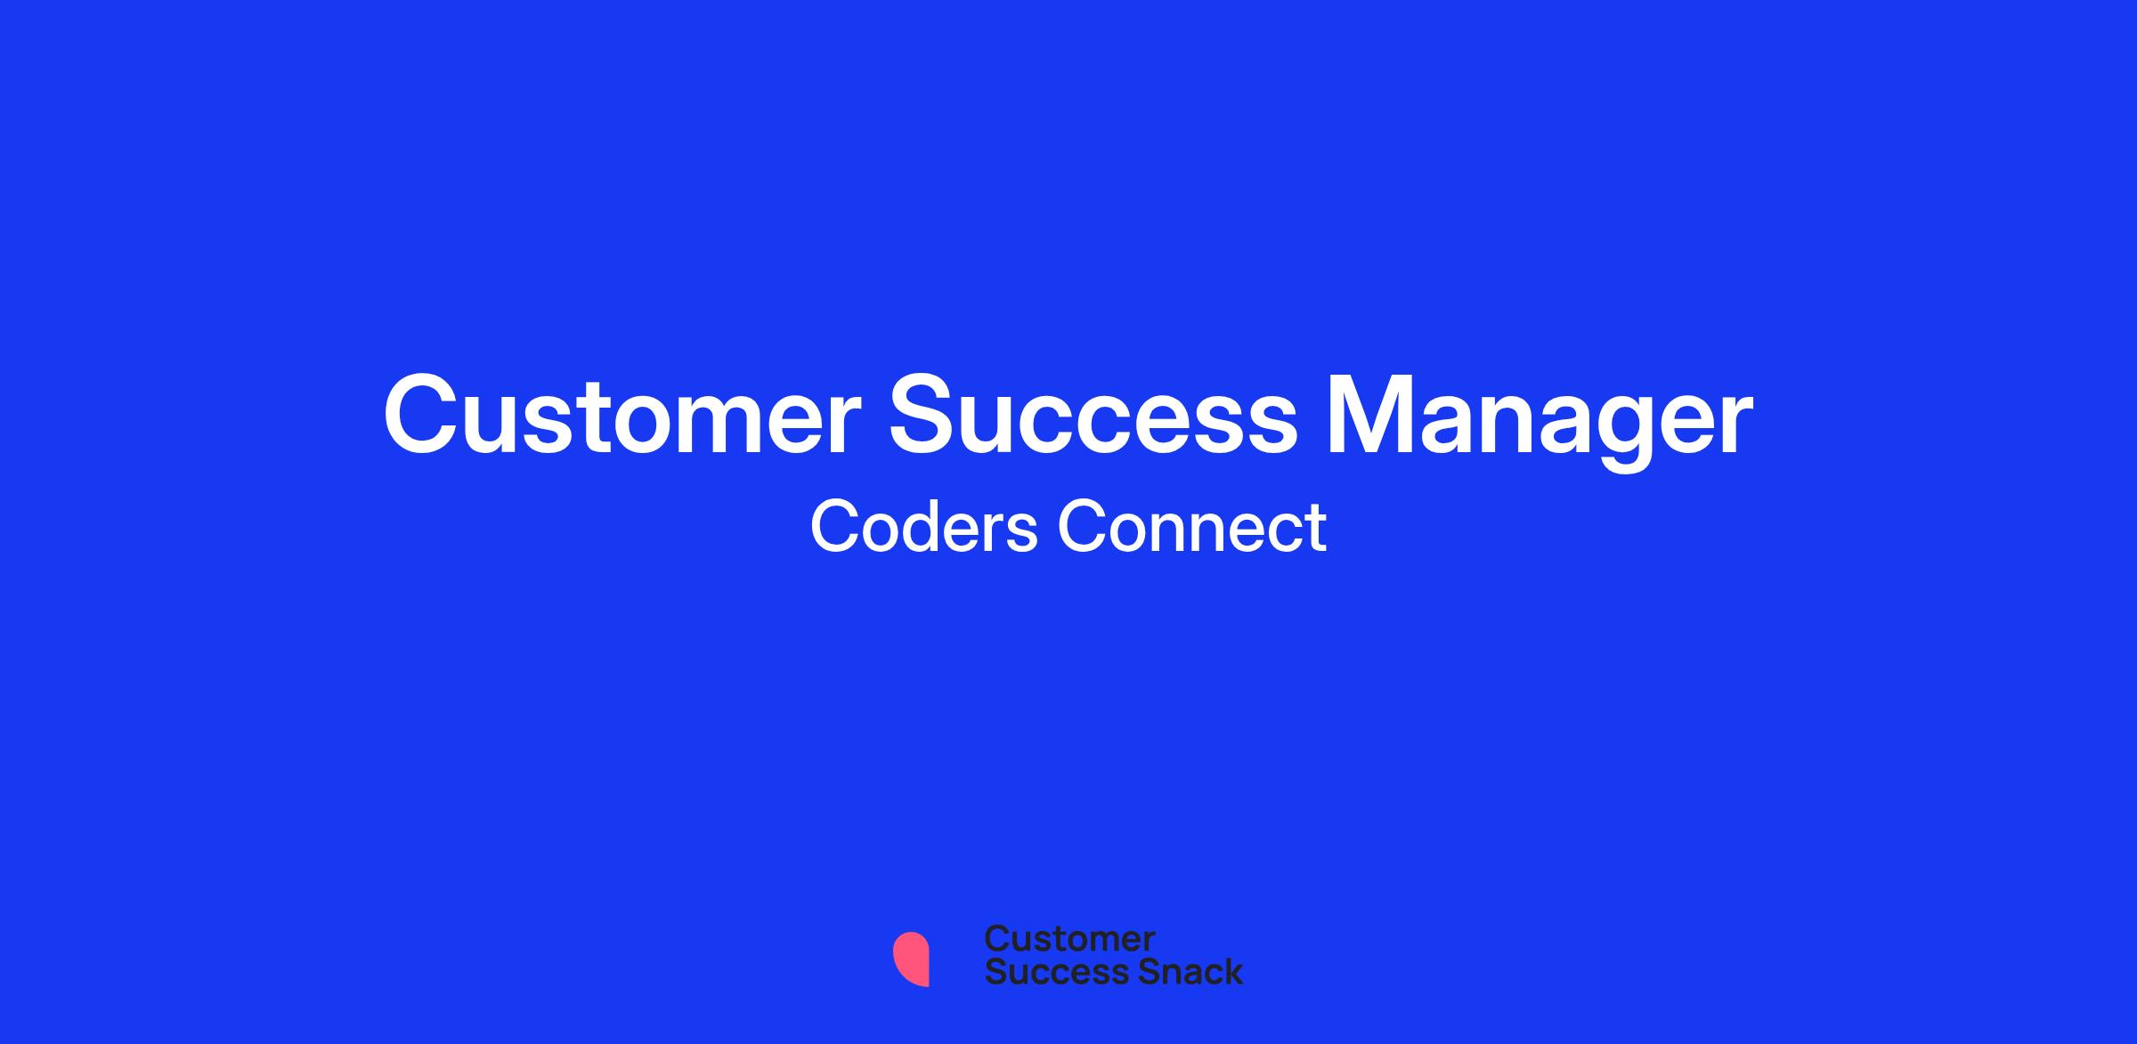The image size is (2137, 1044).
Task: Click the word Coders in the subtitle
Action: [924, 527]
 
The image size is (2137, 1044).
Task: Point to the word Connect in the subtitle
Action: [1192, 527]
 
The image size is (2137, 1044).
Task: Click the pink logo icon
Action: [912, 959]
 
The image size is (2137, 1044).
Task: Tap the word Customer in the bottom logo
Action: [1069, 938]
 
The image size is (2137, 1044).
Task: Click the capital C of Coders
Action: [835, 527]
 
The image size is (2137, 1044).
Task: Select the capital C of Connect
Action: [1083, 527]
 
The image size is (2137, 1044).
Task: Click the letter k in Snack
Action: [1232, 971]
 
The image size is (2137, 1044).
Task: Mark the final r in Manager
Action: [1734, 425]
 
